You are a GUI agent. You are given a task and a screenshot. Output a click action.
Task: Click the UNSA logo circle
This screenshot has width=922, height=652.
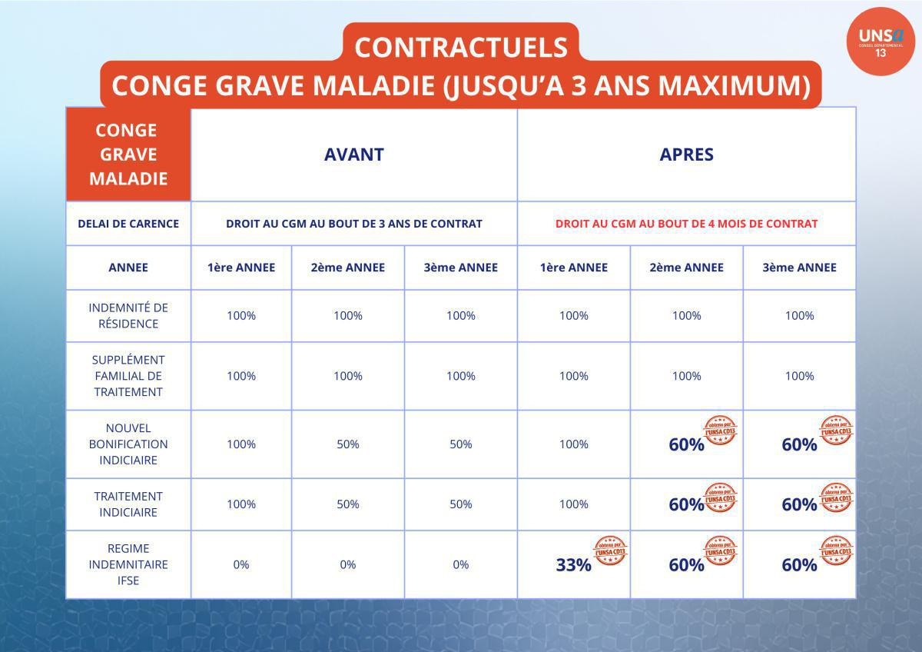point(881,42)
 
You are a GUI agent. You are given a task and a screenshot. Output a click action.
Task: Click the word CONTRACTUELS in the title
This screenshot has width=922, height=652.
point(460,47)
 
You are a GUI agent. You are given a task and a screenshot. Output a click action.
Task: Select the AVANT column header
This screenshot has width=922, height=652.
point(353,154)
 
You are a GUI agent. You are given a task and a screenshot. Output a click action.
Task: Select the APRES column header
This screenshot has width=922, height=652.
point(686,154)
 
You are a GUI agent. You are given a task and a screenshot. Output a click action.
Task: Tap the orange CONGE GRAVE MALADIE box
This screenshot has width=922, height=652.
point(128,155)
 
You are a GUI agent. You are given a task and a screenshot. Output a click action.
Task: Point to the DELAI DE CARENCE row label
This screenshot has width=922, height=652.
point(128,224)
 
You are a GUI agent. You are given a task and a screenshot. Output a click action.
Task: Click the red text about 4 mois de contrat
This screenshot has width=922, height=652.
point(686,224)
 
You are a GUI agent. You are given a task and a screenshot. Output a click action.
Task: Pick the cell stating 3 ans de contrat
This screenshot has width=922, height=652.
point(353,224)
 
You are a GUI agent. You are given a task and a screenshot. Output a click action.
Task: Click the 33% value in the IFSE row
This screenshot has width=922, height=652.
point(573,565)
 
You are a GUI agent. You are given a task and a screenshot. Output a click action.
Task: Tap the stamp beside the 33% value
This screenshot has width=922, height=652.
point(610,551)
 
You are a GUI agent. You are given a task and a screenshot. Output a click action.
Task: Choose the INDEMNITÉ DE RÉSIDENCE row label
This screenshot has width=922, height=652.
point(128,315)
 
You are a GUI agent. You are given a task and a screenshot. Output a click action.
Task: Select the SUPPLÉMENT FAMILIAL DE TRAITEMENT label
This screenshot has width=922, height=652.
point(128,375)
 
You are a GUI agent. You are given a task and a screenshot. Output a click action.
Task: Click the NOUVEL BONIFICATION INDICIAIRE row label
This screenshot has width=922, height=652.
point(128,444)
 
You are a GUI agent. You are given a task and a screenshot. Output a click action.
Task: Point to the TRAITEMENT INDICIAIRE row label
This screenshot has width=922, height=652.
point(128,504)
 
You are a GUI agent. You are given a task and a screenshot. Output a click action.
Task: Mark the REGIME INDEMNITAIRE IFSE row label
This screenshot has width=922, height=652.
point(128,564)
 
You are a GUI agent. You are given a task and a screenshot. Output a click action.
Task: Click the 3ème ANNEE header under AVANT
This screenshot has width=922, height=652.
point(460,268)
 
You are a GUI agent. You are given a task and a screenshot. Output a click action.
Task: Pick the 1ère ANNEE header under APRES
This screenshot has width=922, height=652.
point(573,268)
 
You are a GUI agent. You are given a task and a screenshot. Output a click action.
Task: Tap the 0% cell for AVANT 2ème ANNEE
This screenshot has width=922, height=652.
point(347,564)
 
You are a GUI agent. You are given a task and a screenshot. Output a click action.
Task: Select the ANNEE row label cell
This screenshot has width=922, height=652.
point(128,268)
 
